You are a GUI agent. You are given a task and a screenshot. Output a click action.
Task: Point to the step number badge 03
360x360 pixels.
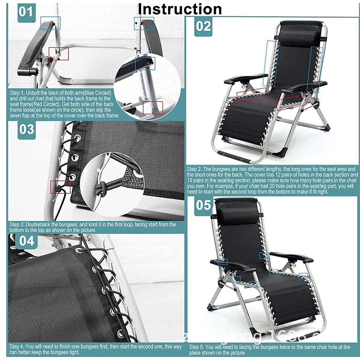[x=26, y=130]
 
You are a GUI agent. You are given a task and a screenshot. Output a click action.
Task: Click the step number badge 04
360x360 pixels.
[x=26, y=241]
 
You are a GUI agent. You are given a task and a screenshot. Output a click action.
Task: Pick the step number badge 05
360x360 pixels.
[x=203, y=205]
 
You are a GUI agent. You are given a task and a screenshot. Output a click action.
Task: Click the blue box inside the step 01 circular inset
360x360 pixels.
[x=145, y=63]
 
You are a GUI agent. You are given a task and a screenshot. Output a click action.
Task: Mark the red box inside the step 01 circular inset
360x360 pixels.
[x=153, y=108]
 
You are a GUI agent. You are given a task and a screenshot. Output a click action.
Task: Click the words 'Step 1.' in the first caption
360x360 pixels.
[x=17, y=93]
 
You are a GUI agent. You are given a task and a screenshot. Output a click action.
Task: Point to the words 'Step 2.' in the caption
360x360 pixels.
[x=194, y=169]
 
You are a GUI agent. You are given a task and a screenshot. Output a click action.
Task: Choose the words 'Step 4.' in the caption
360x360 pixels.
[x=17, y=346]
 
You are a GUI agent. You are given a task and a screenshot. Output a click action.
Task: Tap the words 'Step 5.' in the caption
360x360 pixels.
[x=197, y=347]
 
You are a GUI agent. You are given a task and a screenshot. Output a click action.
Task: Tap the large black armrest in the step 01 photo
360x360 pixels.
[x=33, y=48]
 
